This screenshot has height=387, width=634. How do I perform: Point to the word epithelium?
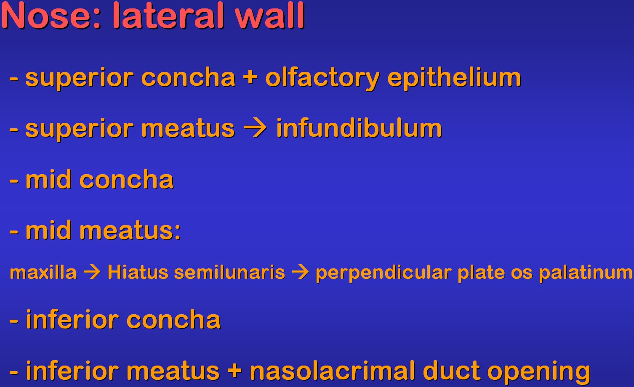coord(454,78)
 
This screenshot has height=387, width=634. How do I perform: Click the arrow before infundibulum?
coord(255,128)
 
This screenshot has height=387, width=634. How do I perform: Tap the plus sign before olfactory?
coord(250,77)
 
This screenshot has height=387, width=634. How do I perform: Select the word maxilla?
coord(43,273)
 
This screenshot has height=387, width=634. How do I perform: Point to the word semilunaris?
coord(229,273)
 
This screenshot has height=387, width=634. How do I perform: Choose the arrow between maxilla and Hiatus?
coord(92,272)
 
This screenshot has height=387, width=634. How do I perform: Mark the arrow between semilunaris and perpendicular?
coord(300,272)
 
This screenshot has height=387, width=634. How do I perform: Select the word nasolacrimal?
coord(333,370)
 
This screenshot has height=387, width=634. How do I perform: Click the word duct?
coord(451,370)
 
